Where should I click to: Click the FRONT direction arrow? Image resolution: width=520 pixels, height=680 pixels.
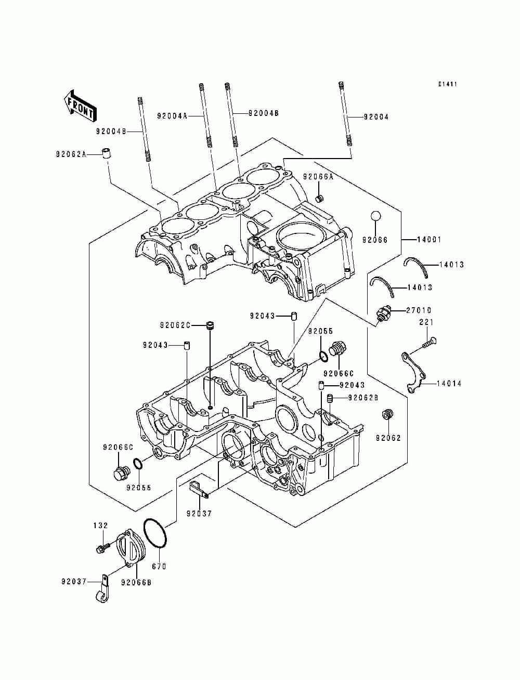[x=80, y=106]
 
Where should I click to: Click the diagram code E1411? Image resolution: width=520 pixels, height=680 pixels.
[x=448, y=84]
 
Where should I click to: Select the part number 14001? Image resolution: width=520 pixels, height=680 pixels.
[x=429, y=240]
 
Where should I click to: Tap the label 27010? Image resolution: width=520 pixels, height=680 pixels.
[x=419, y=310]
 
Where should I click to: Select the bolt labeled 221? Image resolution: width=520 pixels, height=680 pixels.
[x=429, y=342]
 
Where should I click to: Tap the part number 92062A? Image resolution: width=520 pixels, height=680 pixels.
[x=71, y=154]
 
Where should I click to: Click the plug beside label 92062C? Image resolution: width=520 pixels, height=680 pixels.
[x=211, y=326]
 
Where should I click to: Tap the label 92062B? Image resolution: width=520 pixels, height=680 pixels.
[x=363, y=398]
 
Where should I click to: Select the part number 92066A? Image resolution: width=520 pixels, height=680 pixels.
[x=318, y=177]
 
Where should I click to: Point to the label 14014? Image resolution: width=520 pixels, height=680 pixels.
[x=449, y=384]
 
